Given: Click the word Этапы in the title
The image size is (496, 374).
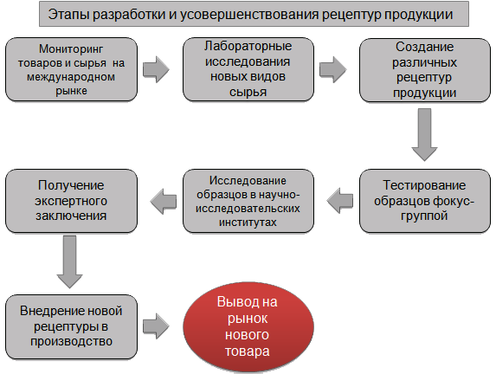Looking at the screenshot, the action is [x=68, y=14].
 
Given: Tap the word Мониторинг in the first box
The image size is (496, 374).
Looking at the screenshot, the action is [x=71, y=49].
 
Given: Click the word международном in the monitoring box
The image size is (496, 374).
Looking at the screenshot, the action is [x=71, y=77].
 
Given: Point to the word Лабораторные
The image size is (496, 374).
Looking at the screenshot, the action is [x=248, y=46].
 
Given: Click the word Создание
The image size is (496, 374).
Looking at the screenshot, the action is [x=424, y=47].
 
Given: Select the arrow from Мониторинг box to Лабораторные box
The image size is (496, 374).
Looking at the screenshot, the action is [x=156, y=69].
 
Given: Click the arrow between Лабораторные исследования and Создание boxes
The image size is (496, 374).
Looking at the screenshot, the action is [x=332, y=69].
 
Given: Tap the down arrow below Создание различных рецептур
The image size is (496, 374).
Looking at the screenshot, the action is [x=424, y=134].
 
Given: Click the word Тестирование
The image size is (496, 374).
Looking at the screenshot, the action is [x=424, y=185].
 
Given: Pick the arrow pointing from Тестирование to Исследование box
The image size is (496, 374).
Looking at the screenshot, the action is [x=340, y=201].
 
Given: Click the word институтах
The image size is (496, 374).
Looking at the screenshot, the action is [x=248, y=222].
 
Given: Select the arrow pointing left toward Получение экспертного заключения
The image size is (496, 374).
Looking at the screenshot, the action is [x=164, y=201].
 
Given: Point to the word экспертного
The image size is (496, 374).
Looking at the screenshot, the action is [x=71, y=201].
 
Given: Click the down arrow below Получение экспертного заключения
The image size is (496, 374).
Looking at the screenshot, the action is [x=69, y=261].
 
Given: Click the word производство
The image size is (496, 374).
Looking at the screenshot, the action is [x=72, y=341].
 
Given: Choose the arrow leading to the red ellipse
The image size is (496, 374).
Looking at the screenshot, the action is [x=156, y=326].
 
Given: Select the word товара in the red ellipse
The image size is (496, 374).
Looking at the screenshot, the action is [x=248, y=351].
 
